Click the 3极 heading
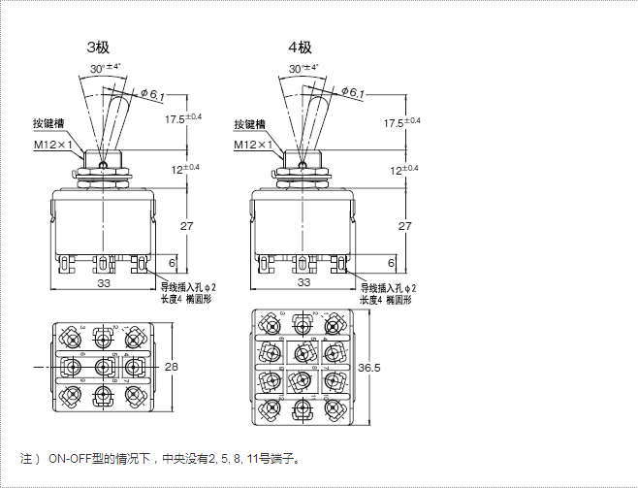click(99, 47)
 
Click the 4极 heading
click(299, 47)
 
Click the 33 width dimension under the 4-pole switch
click(303, 282)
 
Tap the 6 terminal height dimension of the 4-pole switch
click(391, 263)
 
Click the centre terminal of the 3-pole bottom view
click(102, 367)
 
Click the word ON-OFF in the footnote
click(69, 456)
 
